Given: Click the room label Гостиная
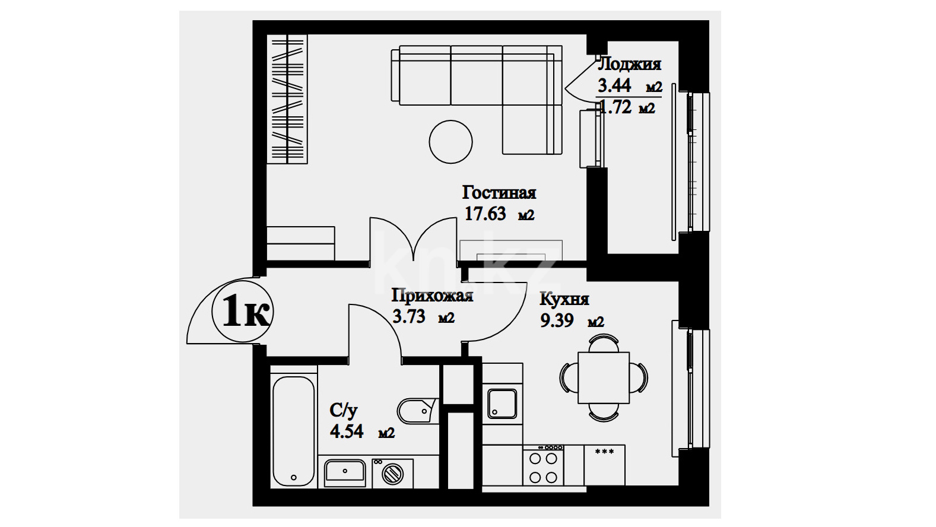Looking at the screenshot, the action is tap(499, 193).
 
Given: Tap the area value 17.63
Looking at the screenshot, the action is tap(485, 214).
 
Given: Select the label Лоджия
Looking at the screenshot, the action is tap(630, 64).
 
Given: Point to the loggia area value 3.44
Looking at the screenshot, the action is tap(614, 85).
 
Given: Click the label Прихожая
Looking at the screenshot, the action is tap(432, 296).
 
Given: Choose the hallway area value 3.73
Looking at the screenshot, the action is tap(409, 316).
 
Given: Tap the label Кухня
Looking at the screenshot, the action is tap(564, 299).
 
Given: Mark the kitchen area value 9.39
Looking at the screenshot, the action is tap(557, 321).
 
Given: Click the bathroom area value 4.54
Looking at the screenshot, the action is tap(347, 431).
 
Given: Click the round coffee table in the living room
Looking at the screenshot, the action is tap(450, 142).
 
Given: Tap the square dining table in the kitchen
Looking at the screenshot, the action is tap(604, 378).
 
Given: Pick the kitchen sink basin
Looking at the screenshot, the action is tap(502, 404).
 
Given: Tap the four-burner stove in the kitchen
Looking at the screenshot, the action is tap(543, 465).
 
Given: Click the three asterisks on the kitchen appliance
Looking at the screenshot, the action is tap(604, 452).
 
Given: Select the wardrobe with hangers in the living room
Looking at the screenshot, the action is tap(287, 99).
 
